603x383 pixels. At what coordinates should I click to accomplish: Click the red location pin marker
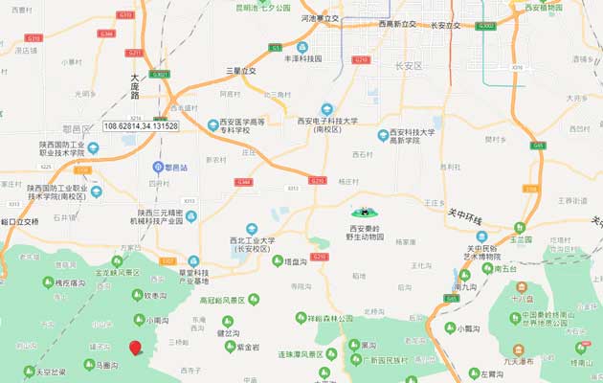click(x=135, y=349)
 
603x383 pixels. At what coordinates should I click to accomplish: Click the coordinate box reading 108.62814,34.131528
click(x=142, y=125)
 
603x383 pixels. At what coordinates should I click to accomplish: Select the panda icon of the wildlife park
click(x=365, y=213)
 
